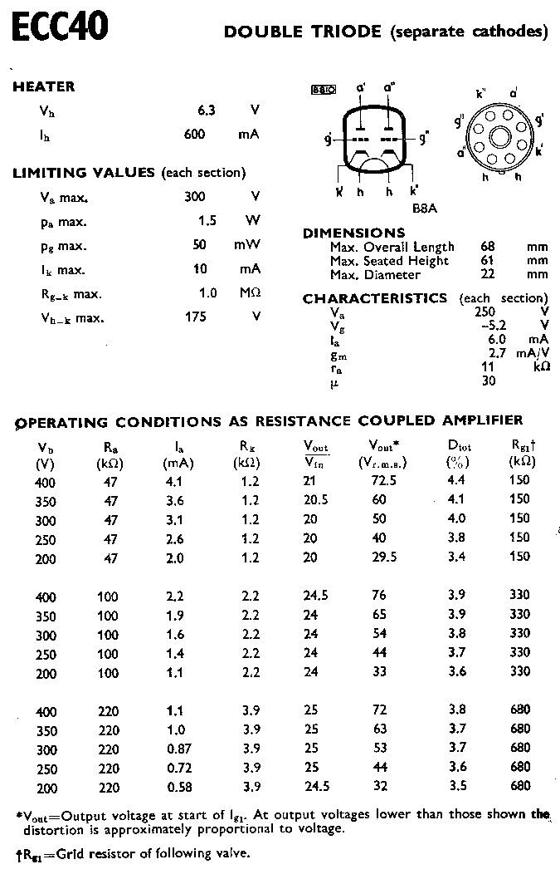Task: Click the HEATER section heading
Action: click(x=44, y=86)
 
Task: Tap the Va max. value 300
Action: click(x=195, y=197)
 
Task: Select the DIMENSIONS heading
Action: click(x=354, y=233)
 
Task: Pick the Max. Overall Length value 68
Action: click(x=487, y=247)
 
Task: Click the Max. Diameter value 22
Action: click(x=487, y=274)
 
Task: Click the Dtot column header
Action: click(x=459, y=445)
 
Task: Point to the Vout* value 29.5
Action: click(x=383, y=558)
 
